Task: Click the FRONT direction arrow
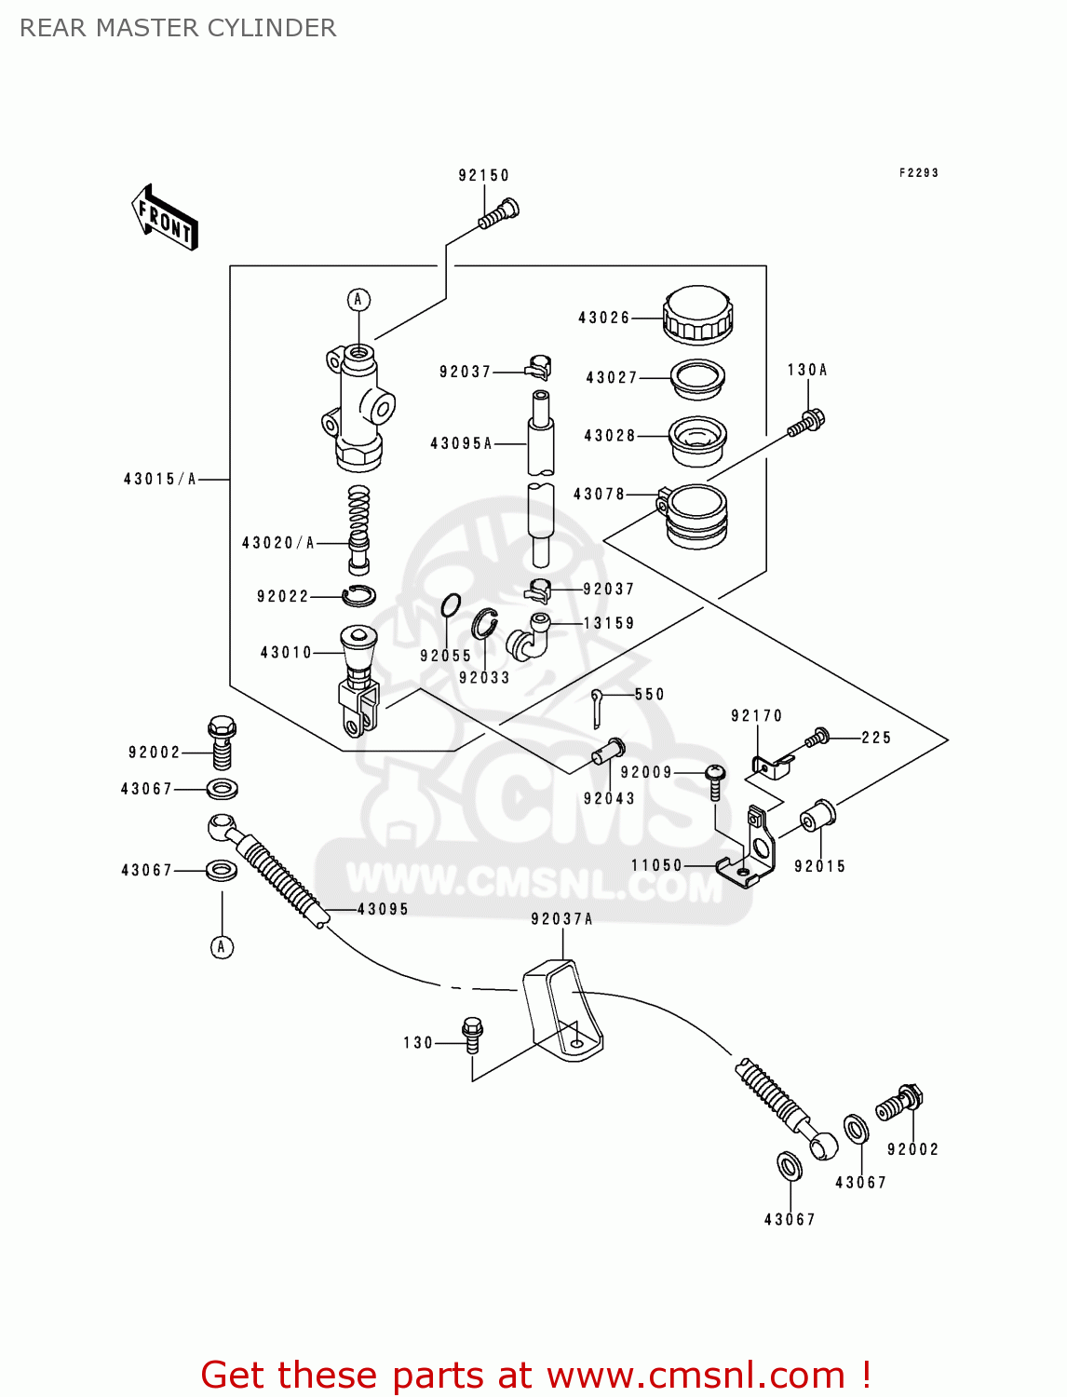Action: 165,218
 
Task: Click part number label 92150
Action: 483,175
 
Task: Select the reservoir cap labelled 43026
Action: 697,315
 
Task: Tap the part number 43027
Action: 612,377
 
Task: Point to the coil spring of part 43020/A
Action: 358,511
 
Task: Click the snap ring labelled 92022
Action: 358,595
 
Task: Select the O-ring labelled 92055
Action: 450,606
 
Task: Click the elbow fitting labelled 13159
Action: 528,638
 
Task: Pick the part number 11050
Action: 656,865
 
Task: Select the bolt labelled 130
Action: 472,1034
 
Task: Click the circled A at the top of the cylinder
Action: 358,300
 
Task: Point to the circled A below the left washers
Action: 222,947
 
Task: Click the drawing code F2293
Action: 918,172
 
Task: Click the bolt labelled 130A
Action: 806,423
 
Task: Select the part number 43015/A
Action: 160,479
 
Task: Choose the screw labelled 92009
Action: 714,780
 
